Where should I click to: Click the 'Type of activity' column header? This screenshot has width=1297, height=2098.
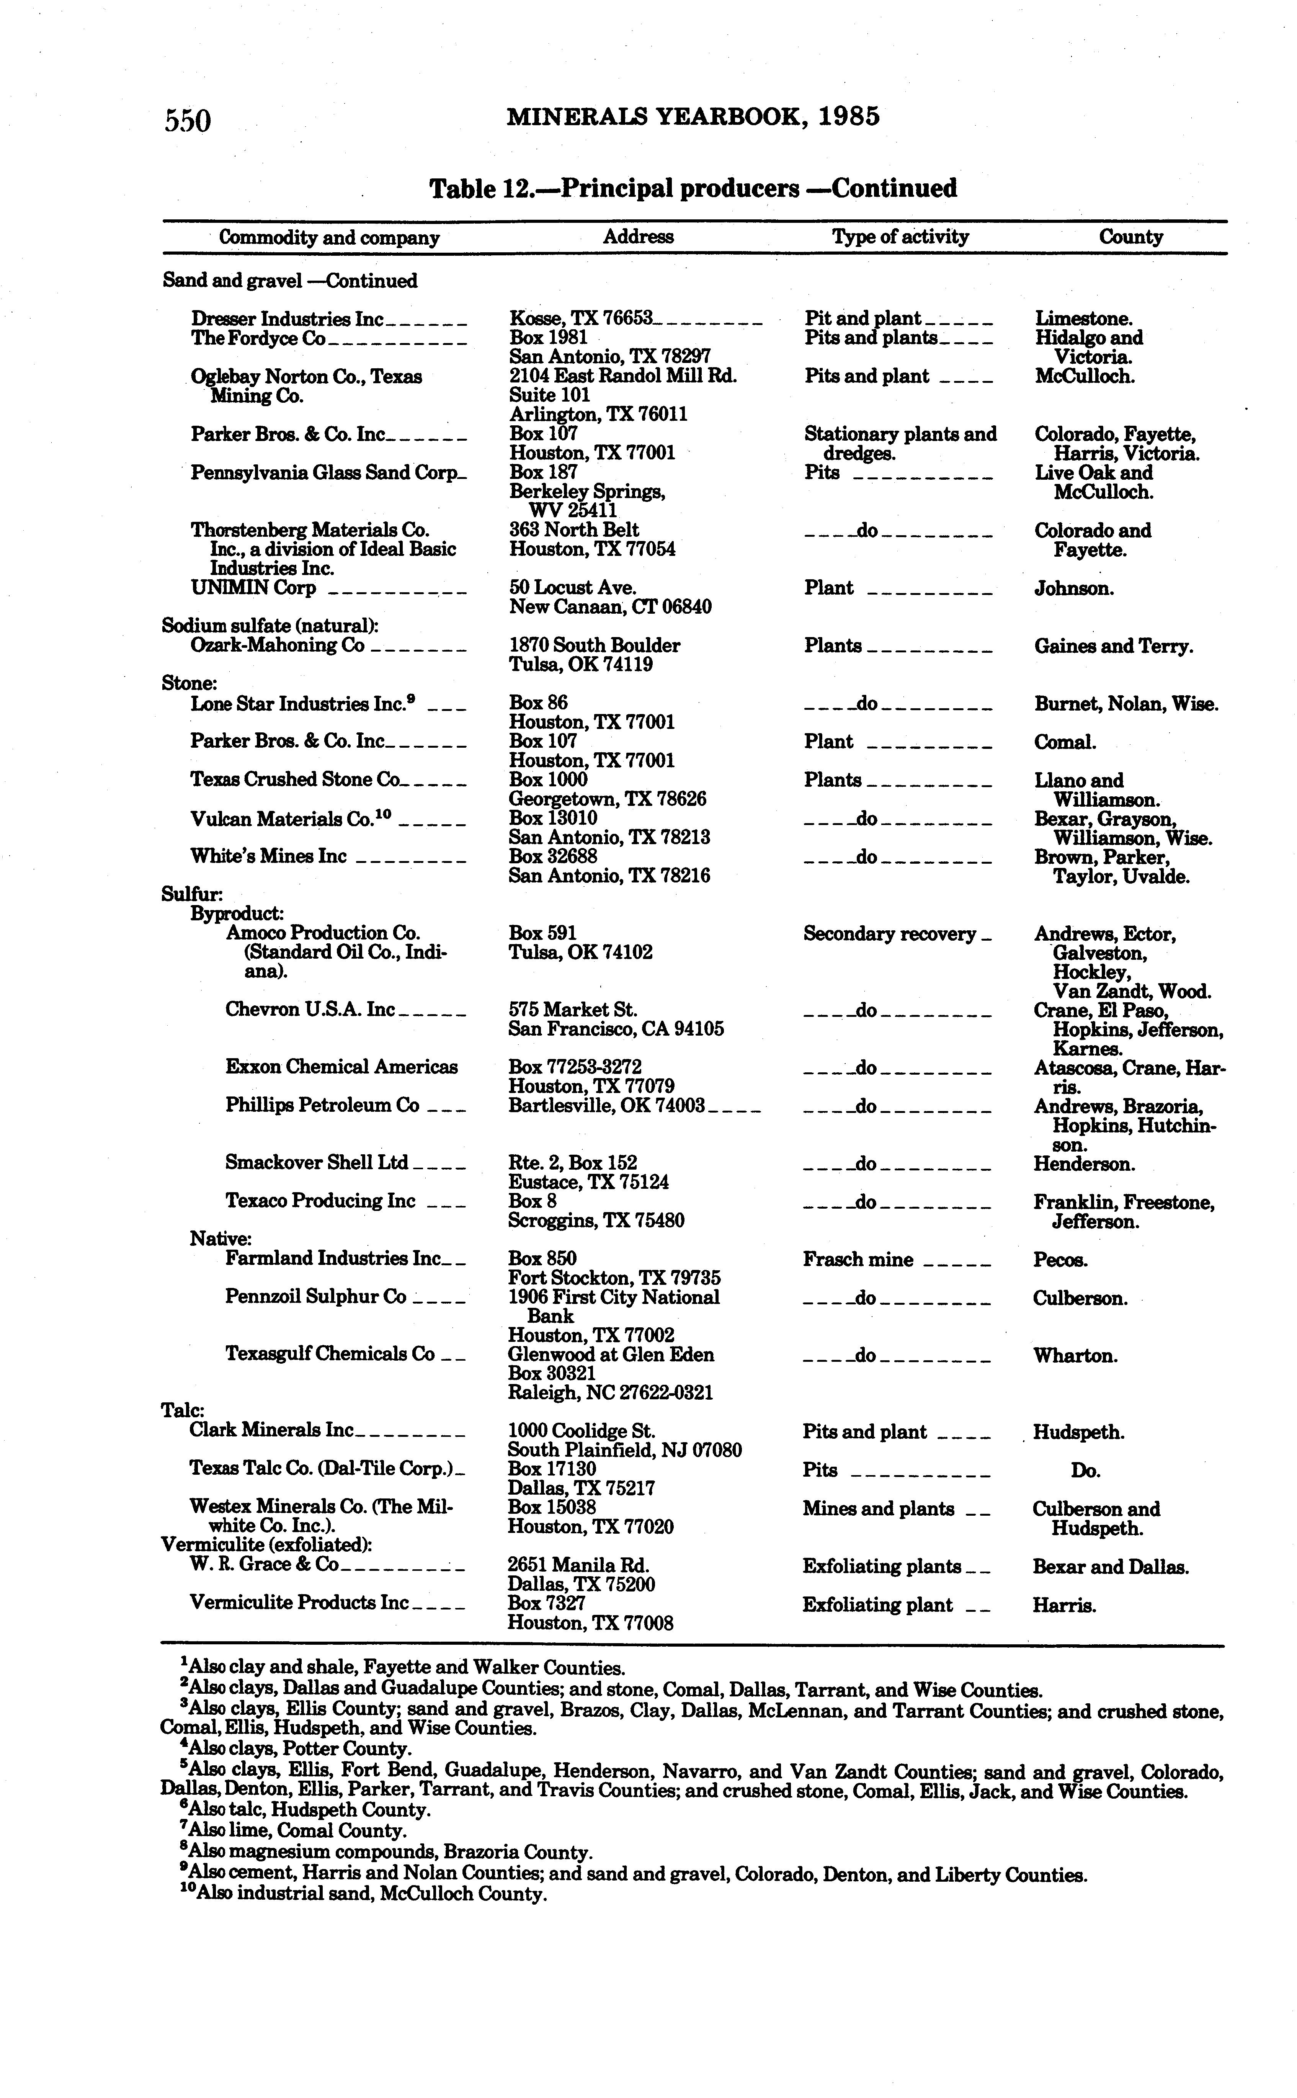[x=900, y=237]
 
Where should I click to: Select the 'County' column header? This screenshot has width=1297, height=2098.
[x=1130, y=237]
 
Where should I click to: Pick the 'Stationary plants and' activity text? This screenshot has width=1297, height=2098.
[x=900, y=434]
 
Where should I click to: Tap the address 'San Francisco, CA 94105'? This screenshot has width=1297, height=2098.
[x=616, y=1028]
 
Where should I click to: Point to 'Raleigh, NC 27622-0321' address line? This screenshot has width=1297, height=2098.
[x=610, y=1393]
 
